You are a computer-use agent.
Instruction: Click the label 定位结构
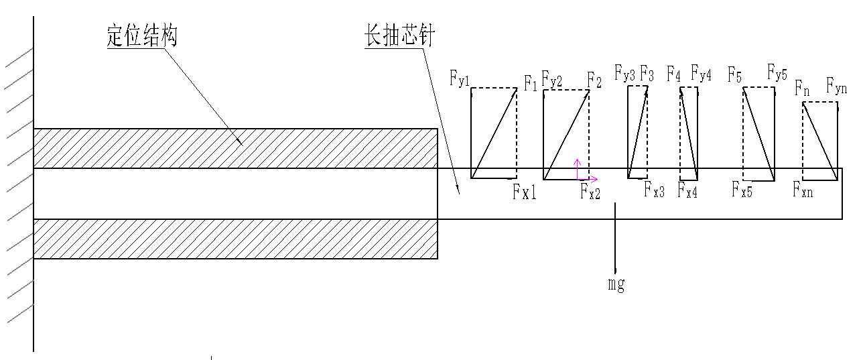(x=141, y=36)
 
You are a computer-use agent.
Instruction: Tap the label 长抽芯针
(x=399, y=36)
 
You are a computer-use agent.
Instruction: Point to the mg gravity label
(x=616, y=284)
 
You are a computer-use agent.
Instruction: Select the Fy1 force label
(x=460, y=78)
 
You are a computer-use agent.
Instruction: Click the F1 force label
(x=531, y=84)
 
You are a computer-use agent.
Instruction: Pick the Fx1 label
(x=525, y=193)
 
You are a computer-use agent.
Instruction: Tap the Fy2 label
(x=552, y=80)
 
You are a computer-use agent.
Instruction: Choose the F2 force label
(x=594, y=80)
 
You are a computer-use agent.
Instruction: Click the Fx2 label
(x=590, y=193)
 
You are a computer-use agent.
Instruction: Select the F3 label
(x=647, y=72)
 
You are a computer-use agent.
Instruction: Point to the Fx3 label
(x=655, y=192)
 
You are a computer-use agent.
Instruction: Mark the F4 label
(x=673, y=72)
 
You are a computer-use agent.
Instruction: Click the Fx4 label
(x=688, y=192)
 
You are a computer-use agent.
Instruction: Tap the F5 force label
(x=735, y=74)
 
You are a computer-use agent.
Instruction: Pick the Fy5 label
(x=777, y=72)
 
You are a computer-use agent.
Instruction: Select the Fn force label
(x=802, y=87)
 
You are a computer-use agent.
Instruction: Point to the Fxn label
(x=803, y=190)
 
